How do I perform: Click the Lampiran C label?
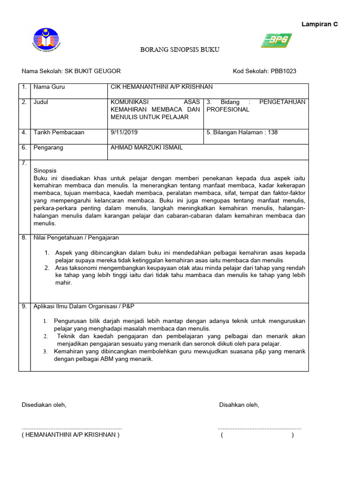[320, 24]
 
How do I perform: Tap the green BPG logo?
[277, 41]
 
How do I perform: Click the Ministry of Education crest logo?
[45, 40]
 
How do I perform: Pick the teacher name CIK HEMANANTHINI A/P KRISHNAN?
[161, 87]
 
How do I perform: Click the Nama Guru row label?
[49, 87]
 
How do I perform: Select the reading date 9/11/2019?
[124, 132]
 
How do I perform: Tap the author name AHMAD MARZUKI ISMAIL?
[146, 148]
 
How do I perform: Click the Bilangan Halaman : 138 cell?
[242, 132]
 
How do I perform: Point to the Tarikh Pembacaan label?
[59, 132]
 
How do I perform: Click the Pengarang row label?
[48, 148]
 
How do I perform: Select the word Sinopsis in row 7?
[45, 171]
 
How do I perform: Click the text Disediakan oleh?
[44, 405]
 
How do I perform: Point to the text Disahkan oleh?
[239, 405]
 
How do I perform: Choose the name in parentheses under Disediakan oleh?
[70, 435]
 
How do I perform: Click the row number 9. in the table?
[24, 306]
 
